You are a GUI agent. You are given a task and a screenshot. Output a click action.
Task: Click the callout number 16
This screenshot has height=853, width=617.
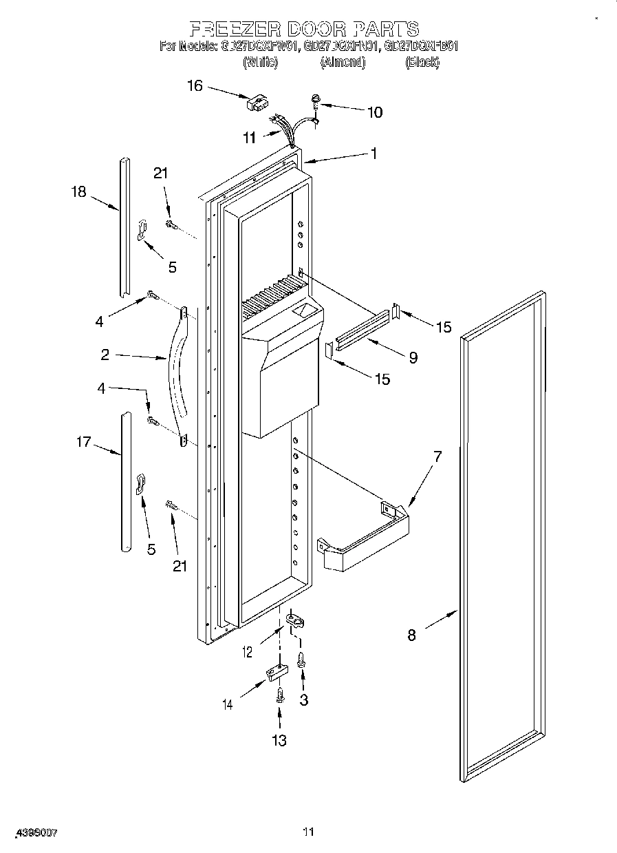click(195, 85)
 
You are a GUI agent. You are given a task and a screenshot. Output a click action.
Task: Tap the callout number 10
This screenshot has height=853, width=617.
click(375, 112)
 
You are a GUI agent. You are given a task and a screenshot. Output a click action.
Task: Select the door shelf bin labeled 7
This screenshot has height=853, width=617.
click(365, 540)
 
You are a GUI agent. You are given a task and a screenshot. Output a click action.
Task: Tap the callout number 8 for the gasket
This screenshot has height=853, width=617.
click(411, 635)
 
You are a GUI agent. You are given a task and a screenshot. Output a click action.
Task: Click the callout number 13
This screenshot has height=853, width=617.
click(279, 740)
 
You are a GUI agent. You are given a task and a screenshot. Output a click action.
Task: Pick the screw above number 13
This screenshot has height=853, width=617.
click(280, 695)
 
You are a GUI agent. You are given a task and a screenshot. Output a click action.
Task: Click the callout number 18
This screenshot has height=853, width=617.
click(80, 191)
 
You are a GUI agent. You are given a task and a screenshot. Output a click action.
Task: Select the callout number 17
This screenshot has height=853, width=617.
click(83, 441)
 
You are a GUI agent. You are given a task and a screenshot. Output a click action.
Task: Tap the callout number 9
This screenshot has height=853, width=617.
click(413, 358)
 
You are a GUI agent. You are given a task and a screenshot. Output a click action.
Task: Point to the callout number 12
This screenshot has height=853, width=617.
click(247, 651)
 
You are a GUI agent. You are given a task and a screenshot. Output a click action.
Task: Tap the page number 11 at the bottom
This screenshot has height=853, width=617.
click(308, 832)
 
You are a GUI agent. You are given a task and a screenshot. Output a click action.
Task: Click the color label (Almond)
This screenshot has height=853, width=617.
click(342, 62)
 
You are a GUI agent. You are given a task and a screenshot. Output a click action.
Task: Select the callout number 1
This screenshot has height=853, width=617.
click(374, 154)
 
